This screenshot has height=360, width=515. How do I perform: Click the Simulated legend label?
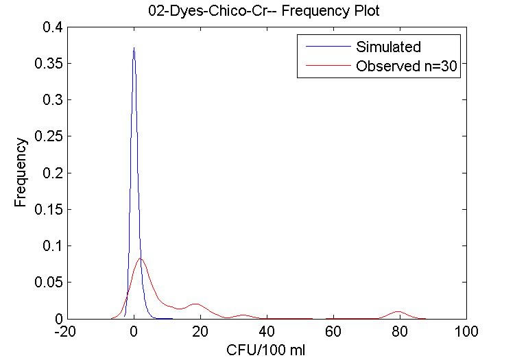[x=387, y=47]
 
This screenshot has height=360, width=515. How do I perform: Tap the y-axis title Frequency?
[x=21, y=173]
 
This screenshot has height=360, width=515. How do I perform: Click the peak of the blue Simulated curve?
[x=134, y=48]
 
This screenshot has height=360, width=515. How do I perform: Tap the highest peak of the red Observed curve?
[x=141, y=259]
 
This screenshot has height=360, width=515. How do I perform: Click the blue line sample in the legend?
[x=322, y=47]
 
